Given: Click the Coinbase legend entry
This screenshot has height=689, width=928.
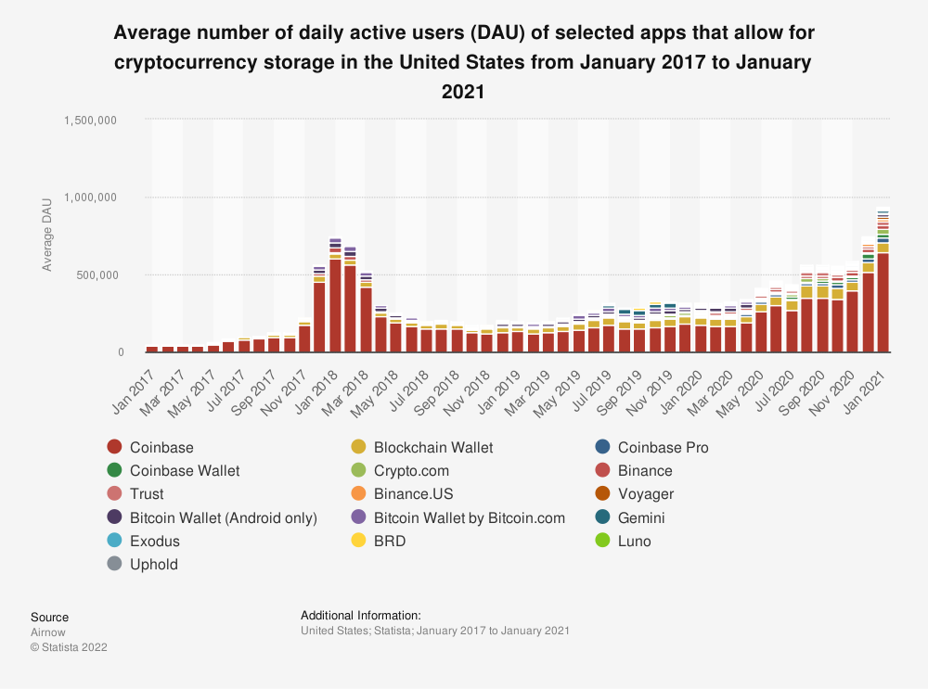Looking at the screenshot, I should (161, 447).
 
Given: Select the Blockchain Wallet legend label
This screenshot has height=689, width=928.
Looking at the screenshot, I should (433, 447).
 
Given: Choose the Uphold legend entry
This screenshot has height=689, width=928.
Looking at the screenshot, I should (154, 564).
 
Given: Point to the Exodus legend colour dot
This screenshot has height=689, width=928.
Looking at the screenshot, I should (114, 541).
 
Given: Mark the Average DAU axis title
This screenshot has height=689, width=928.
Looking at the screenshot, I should (47, 236).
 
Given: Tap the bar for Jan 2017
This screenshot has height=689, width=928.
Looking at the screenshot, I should (152, 349).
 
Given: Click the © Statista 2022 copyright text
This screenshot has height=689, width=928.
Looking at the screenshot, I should (69, 647).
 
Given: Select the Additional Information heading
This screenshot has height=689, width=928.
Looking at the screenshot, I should (361, 615).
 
